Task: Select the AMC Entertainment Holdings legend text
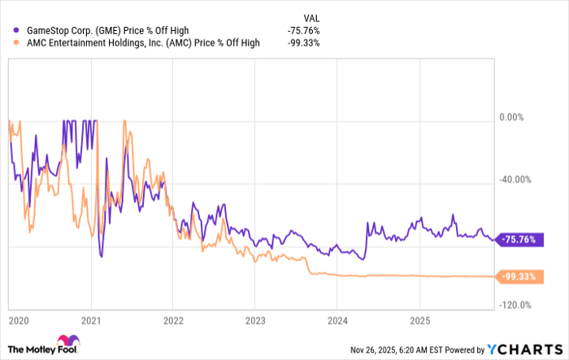point(142,43)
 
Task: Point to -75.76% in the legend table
point(304,29)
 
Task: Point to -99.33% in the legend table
point(304,43)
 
